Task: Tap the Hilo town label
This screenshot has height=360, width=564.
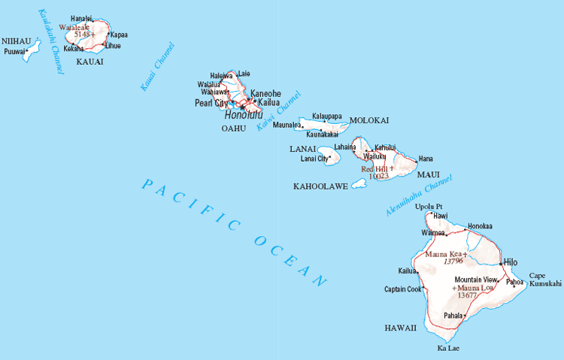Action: [x=511, y=262]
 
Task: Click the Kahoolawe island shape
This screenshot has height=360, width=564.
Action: [x=359, y=183]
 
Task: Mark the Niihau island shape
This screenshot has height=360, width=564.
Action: [x=32, y=52]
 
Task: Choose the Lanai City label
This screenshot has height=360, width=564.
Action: [x=314, y=159]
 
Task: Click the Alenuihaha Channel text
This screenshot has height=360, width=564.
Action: [x=417, y=197]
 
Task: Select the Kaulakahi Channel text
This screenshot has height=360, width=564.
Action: [x=50, y=41]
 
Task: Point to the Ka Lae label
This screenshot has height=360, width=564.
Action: [x=448, y=349]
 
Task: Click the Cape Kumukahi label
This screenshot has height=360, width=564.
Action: [x=545, y=280]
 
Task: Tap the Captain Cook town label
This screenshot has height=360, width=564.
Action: [x=402, y=289]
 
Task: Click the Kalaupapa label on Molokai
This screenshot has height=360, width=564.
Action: [x=326, y=116]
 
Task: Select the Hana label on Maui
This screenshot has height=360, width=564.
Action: [x=426, y=159]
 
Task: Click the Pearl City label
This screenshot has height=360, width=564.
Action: [x=211, y=103]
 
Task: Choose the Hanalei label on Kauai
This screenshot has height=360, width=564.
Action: [x=81, y=18]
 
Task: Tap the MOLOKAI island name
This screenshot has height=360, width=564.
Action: [x=369, y=120]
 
